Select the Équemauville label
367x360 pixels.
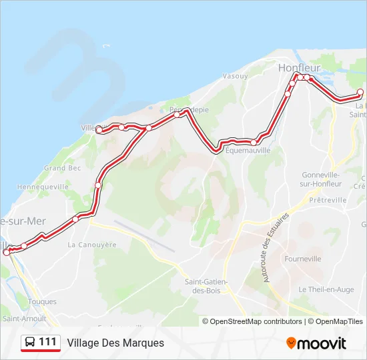(248, 151)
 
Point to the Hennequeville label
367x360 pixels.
(46, 187)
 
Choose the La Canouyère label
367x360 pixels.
(92, 245)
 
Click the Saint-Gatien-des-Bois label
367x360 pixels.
(206, 287)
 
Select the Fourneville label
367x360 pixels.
(302, 259)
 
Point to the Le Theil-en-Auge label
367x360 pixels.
(326, 289)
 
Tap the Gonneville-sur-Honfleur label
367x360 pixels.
(322, 179)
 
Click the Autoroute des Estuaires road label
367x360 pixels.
(276, 247)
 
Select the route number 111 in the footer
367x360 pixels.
(47, 343)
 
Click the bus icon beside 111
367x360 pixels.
(30, 343)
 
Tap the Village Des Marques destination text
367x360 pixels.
(115, 343)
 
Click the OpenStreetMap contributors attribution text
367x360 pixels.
(252, 321)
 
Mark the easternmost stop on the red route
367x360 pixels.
(361, 92)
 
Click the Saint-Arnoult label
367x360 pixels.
(19, 319)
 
